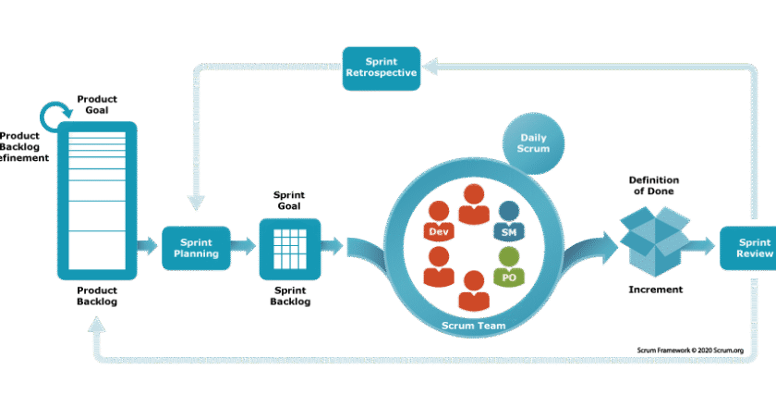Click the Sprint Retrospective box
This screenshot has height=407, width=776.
(x=382, y=68)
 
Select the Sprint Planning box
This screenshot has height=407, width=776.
(x=196, y=247)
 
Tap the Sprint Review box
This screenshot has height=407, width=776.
(x=748, y=247)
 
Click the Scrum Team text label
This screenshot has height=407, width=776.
(x=472, y=325)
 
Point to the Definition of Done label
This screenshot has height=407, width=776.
(x=655, y=185)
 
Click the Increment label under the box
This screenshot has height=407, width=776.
(x=655, y=290)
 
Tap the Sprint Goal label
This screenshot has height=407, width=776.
(x=289, y=201)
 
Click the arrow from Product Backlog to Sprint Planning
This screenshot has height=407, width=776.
(x=146, y=247)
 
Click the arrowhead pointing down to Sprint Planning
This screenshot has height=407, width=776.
(x=195, y=203)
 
